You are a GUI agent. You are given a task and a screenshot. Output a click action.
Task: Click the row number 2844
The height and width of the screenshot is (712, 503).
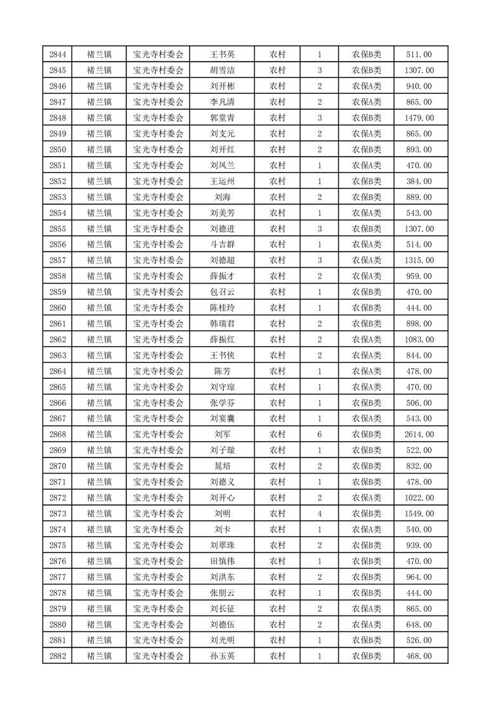pyautogui.click(x=57, y=55)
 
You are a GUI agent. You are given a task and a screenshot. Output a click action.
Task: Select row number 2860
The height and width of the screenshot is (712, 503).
pyautogui.click(x=57, y=308)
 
